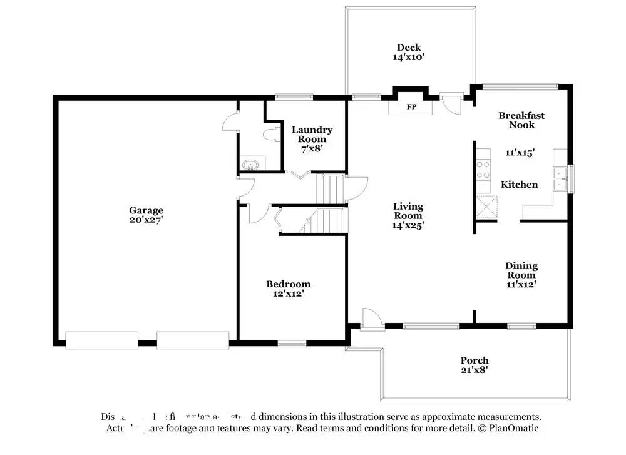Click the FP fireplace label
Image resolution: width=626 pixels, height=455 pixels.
[411, 107]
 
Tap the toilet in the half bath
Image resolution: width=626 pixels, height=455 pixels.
[272, 134]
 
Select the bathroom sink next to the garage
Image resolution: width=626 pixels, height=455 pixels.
[250, 165]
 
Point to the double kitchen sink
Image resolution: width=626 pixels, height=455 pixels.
[560, 178]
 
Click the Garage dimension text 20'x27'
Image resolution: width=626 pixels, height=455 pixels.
[146, 220]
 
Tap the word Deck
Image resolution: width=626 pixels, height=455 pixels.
[408, 48]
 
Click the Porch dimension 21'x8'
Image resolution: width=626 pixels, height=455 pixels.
[474, 370]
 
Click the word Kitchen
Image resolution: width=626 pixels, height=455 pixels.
[519, 185]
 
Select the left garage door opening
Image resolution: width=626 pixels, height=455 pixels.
[101, 340]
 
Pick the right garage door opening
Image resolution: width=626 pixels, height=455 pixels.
[193, 340]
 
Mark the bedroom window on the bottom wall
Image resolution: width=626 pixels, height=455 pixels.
[292, 343]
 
